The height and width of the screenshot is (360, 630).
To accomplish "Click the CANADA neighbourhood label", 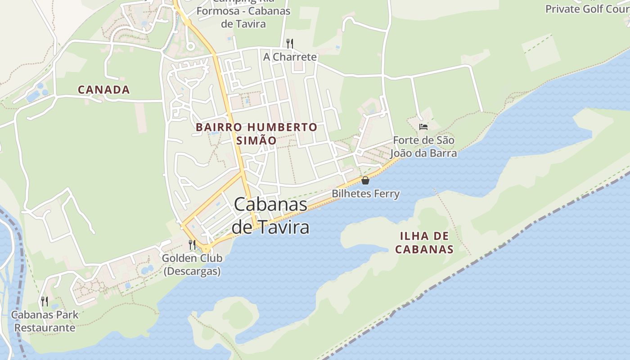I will pos(104,90).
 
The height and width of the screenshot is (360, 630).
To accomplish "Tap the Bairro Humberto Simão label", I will pos(256,134).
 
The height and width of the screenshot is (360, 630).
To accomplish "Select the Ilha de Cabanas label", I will pos(424,243).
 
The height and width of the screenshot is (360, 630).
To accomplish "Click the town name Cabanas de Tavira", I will pos(270,216).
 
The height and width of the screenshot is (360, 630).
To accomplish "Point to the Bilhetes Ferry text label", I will pos(365,193).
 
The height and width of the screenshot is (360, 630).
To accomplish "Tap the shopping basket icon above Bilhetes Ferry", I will pos(365,180).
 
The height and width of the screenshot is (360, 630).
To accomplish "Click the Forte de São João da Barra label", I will pos(423,147).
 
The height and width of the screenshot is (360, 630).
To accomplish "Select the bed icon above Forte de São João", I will pos(423,127).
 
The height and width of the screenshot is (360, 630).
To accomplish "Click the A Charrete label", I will pos(290,57).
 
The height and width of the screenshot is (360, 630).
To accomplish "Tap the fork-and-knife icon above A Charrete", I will pos(290,43).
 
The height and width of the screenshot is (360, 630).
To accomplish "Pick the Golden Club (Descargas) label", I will pos(192,265).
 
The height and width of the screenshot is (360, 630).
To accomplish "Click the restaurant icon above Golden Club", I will pos(192,244).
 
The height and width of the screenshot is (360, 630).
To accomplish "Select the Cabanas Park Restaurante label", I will pos(45,321).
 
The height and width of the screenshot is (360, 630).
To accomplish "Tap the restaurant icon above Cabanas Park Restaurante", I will pos(44,301).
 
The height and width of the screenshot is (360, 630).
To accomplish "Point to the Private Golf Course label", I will pos(587,9).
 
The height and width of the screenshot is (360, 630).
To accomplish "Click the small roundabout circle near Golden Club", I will pos(206,249).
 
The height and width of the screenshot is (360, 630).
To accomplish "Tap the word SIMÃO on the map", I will pos(256,140).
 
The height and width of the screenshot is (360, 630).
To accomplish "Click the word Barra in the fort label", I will pos(443,153).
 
